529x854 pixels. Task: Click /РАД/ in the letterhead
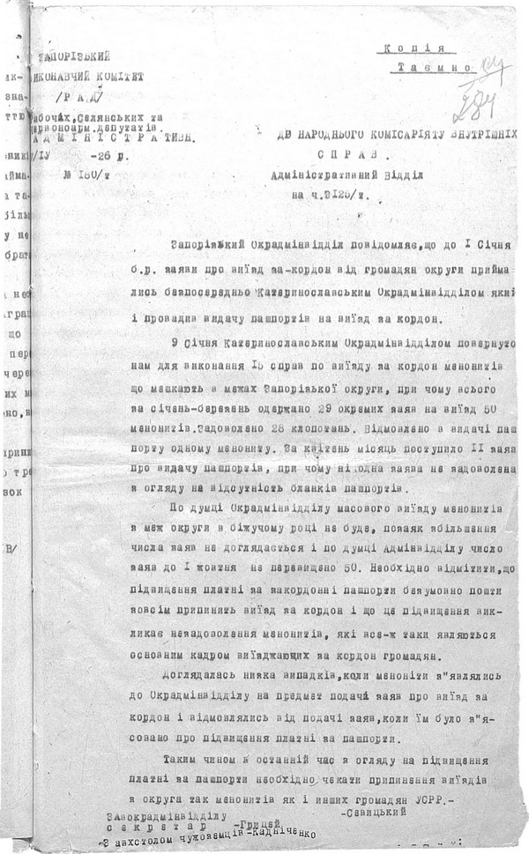coord(81,95)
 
